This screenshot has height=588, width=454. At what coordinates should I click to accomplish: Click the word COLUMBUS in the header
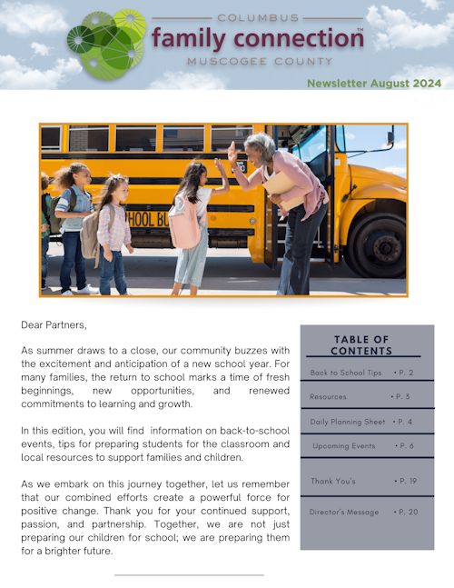click(257, 17)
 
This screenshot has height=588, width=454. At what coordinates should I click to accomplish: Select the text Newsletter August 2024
click(373, 83)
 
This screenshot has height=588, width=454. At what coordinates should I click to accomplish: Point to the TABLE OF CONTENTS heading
click(361, 345)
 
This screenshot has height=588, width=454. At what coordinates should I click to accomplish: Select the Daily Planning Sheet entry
click(348, 422)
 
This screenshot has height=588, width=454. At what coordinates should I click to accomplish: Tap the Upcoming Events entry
click(344, 446)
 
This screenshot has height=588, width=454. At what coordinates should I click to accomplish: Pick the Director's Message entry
click(344, 513)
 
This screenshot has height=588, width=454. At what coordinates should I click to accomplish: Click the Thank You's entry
click(333, 481)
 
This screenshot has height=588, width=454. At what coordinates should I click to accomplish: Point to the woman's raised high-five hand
click(232, 152)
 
